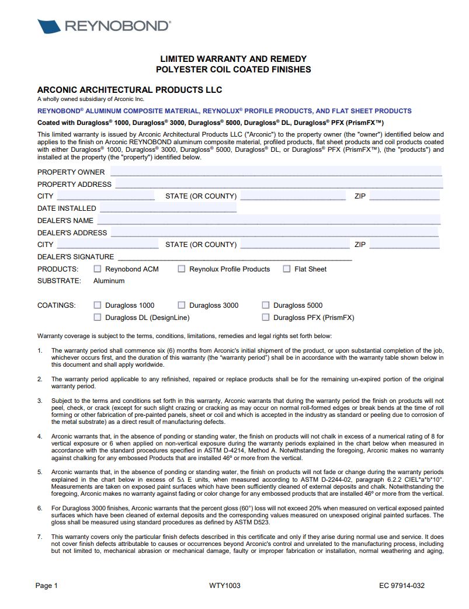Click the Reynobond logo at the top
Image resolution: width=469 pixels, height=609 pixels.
click(x=104, y=26)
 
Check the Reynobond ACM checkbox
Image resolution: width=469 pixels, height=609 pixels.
click(x=98, y=269)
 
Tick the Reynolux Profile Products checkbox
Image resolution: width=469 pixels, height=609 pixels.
click(x=182, y=269)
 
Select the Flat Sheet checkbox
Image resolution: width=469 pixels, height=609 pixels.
click(x=287, y=269)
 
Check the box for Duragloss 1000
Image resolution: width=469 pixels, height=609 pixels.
click(x=98, y=305)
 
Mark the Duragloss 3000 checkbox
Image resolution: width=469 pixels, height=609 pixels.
click(x=182, y=305)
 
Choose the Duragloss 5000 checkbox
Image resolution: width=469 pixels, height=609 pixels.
click(x=266, y=305)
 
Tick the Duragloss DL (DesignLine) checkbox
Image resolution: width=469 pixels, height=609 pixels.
click(x=98, y=318)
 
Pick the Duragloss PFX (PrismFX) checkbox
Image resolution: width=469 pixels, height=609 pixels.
click(x=266, y=318)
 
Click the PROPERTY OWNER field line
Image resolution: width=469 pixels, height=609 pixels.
click(x=276, y=172)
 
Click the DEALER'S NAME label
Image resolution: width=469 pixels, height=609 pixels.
click(x=65, y=221)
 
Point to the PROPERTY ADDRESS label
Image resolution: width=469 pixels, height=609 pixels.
click(x=74, y=185)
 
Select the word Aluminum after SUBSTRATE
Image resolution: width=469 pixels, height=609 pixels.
click(x=109, y=281)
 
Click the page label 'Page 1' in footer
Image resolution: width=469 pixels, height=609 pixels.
click(x=47, y=586)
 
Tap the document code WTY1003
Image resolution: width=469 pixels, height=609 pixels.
click(x=225, y=586)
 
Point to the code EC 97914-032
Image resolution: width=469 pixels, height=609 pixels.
click(x=402, y=586)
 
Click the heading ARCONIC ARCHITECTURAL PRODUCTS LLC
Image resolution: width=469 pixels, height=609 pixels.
click(x=130, y=90)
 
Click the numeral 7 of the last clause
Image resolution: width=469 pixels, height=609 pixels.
click(x=40, y=536)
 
